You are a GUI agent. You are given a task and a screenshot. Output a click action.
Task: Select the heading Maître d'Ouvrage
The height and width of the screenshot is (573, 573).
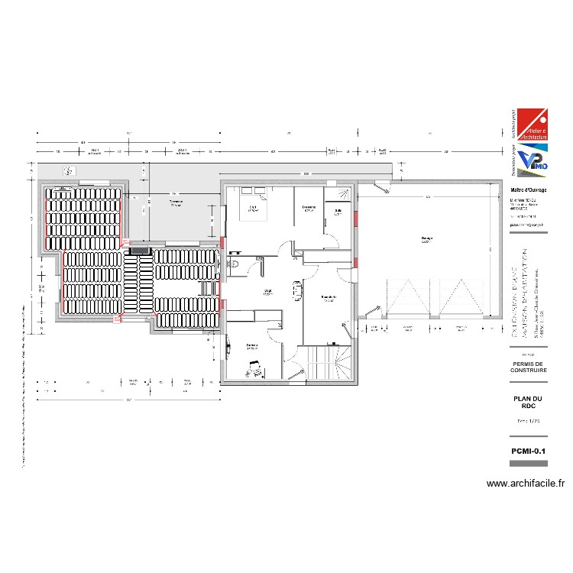click(528, 190)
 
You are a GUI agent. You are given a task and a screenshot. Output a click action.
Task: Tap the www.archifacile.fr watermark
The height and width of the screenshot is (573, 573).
click(525, 483)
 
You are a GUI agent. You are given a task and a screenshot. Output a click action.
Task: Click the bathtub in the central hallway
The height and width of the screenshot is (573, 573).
click(297, 291)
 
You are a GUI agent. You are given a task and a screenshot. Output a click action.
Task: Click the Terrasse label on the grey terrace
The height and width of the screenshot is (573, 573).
click(175, 203)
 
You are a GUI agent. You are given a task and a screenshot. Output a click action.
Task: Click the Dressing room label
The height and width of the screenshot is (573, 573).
click(309, 208)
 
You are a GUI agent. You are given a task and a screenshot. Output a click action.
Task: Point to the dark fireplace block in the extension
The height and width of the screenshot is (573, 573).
click(140, 249)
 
